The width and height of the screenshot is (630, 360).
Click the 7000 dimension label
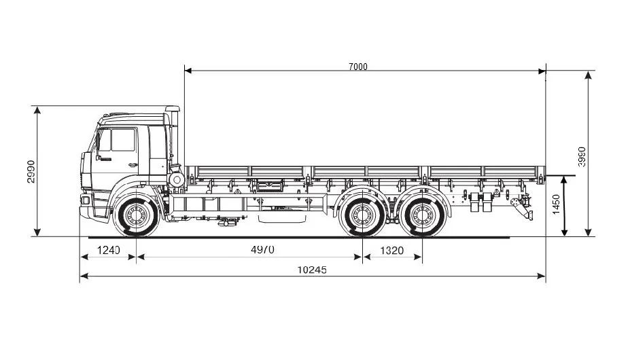(x=357, y=66)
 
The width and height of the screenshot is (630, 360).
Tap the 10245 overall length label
(x=312, y=270)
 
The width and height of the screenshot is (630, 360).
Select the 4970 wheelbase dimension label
(x=262, y=250)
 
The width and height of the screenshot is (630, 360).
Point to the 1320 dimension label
(x=391, y=251)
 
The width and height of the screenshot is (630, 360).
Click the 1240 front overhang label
(x=107, y=250)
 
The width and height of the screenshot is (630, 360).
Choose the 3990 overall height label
(x=581, y=156)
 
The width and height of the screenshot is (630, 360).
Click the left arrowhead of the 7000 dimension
(x=188, y=70)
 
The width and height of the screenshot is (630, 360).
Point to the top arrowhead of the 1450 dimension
(x=564, y=179)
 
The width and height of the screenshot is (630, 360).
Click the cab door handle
(x=131, y=165)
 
